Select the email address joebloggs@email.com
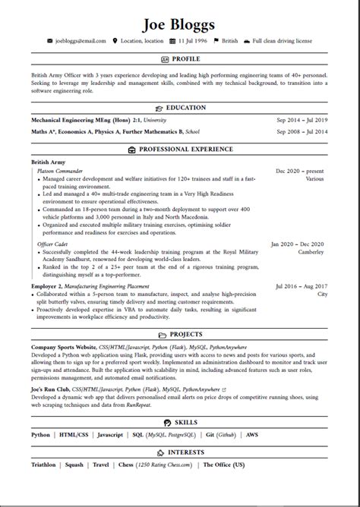coord(81,40)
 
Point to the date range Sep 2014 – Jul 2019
coord(302,120)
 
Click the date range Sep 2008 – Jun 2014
coord(302,132)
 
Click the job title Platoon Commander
coord(60,172)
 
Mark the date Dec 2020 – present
coord(300,172)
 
